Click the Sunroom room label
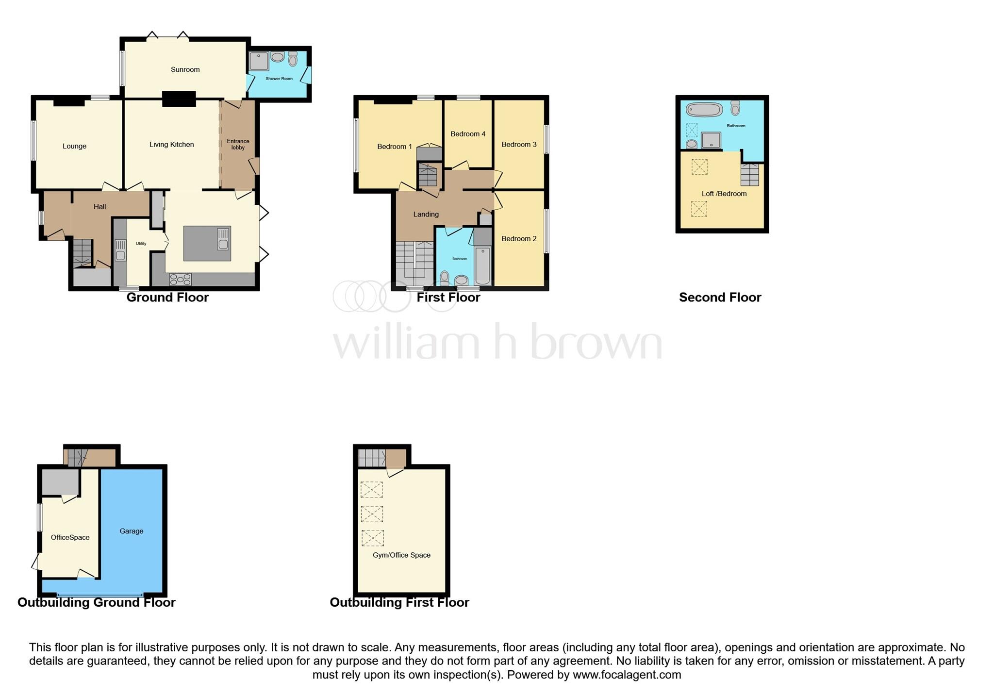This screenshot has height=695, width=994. point(185,69)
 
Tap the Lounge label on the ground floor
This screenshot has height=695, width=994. point(74,146)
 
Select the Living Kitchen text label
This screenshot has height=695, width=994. point(171,144)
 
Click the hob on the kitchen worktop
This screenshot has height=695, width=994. point(180,280)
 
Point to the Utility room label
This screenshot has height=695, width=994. point(141,244)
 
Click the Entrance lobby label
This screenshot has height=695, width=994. point(238,144)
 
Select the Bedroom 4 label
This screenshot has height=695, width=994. point(467,134)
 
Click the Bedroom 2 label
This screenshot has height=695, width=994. point(519,238)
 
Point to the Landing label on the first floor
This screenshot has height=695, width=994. point(426,214)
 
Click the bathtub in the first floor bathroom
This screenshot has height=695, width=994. point(482,265)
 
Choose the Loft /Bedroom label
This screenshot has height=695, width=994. point(724,194)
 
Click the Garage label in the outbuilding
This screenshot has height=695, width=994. point(131,531)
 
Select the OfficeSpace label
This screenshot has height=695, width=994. point(70,537)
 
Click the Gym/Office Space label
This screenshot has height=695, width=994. point(401,555)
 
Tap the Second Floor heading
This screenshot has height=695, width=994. point(720,298)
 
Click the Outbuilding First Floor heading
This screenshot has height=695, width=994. point(399,602)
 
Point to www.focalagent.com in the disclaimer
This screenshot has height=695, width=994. point(627,675)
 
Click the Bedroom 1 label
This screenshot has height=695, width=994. point(394,147)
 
